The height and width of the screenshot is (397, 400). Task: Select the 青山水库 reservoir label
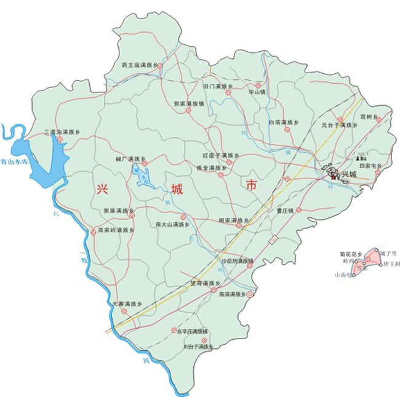14,164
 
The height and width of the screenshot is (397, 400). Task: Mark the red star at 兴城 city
334,177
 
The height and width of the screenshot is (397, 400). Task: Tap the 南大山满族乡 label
170,224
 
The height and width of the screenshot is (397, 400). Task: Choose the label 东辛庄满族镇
193,331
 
